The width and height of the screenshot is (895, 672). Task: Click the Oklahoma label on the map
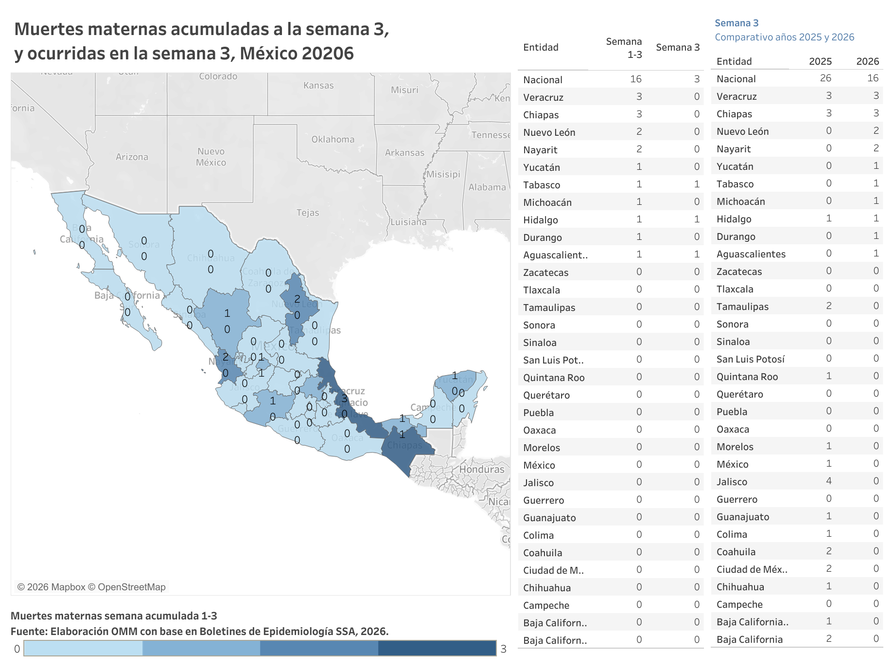click(333, 140)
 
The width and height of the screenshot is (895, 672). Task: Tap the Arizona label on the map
click(132, 157)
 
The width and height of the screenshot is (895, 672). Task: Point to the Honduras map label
click(482, 470)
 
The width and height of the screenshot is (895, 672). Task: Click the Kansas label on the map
click(318, 86)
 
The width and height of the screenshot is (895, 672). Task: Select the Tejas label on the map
click(308, 213)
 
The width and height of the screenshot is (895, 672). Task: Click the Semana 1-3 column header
click(624, 48)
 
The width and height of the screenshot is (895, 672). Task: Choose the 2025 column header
click(820, 61)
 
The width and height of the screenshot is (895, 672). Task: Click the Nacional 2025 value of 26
click(825, 78)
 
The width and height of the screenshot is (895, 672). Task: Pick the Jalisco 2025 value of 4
click(828, 481)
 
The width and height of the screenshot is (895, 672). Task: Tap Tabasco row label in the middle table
click(542, 185)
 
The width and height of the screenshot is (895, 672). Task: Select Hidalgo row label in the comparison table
click(734, 219)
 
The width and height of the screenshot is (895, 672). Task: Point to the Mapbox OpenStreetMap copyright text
click(91, 587)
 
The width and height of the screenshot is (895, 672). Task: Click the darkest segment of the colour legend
click(437, 648)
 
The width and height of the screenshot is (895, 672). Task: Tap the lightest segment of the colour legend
click(83, 648)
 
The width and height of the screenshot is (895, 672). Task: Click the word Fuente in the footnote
click(29, 632)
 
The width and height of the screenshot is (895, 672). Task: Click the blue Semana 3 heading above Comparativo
click(736, 23)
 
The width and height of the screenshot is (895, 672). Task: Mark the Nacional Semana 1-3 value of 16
click(635, 79)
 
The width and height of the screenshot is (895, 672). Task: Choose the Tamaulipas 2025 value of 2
click(828, 306)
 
